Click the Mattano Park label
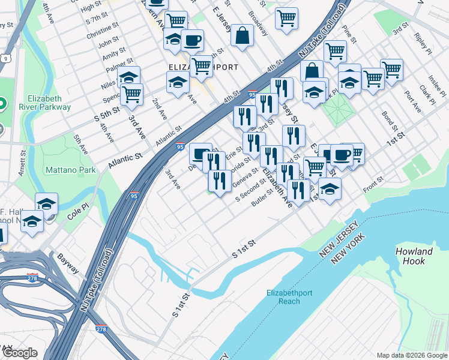(70, 170)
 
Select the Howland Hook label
(414, 256)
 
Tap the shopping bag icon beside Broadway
(242, 35)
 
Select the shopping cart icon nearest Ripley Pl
(391, 68)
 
